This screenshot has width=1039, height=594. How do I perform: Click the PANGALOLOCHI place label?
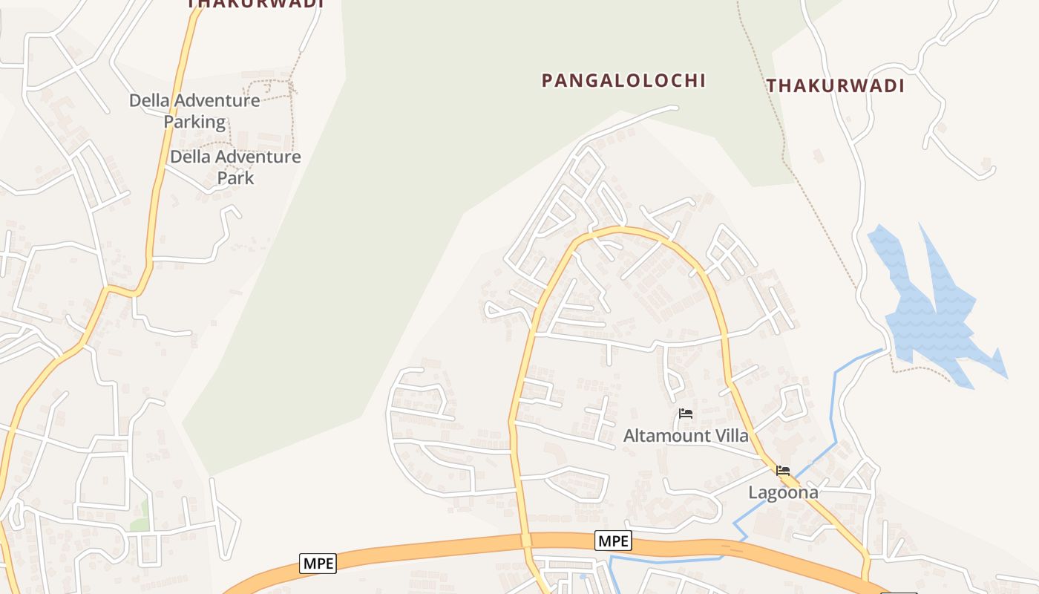point(623,80)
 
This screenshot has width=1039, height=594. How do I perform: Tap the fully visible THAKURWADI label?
point(836,86)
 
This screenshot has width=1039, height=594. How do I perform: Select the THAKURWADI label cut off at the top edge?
point(255,4)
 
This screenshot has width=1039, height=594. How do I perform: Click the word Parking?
point(194,122)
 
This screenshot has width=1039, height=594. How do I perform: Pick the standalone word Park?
point(235,178)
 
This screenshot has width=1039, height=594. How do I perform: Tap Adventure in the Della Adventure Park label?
point(257,157)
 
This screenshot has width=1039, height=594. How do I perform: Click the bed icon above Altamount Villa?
point(686,414)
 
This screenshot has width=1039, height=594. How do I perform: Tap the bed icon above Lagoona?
point(783,470)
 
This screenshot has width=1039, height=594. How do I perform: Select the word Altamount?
point(666,436)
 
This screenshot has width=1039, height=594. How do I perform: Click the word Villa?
point(730,436)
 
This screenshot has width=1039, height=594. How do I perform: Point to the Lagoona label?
point(783,492)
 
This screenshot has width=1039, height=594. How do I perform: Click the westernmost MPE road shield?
point(318,564)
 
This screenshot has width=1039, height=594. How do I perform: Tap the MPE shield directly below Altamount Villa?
point(613,541)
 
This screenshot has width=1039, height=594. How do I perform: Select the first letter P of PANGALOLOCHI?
point(548,80)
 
